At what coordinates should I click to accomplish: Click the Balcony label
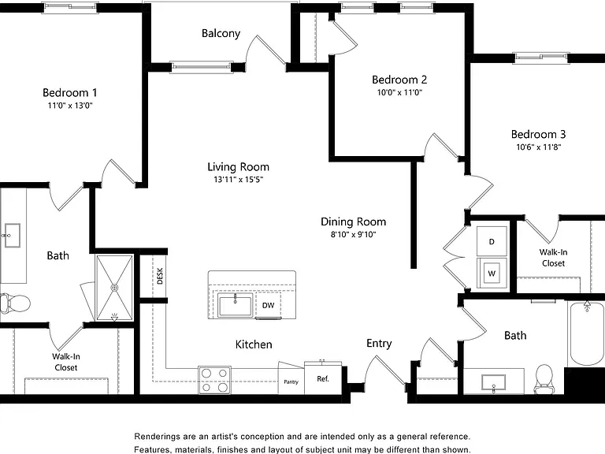coord(221,33)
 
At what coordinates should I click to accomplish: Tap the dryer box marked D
coord(492,241)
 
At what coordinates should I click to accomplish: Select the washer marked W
coord(492,273)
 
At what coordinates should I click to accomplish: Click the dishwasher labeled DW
coord(268,305)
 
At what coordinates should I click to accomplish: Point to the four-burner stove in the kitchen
coord(214,380)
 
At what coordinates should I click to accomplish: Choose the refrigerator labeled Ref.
coord(323,378)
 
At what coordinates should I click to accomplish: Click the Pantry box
coord(291,380)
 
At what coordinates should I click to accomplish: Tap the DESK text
coord(160,276)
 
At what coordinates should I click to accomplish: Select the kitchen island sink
coord(235,305)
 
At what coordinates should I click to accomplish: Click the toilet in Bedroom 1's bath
coord(15,303)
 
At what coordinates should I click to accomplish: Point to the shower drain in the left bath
coord(114,288)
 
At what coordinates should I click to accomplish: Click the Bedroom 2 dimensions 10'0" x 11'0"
coord(399,93)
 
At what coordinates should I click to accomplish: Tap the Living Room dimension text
coord(239,180)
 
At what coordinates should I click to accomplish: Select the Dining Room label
coord(354,221)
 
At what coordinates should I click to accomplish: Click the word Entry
coord(379,343)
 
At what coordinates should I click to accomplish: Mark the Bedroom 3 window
coord(541,58)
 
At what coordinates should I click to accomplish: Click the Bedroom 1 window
coord(70,7)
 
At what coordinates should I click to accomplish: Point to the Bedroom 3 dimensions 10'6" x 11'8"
coord(539,147)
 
